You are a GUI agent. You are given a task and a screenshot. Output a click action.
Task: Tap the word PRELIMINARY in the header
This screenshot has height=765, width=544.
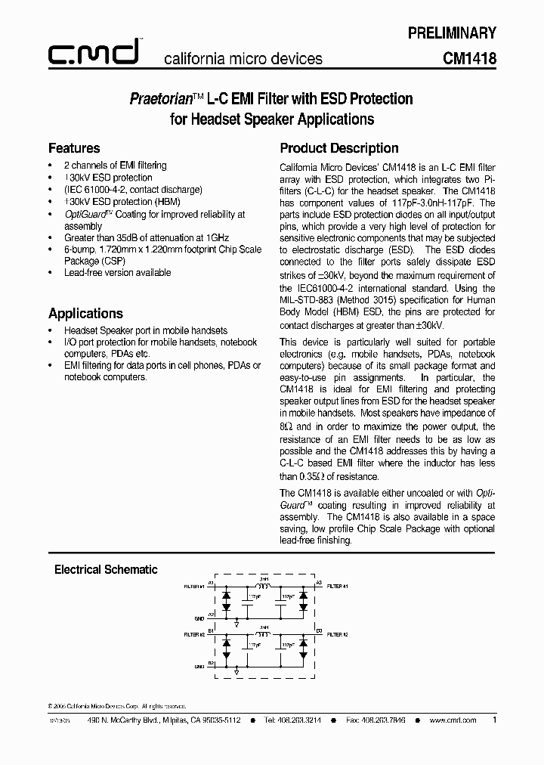tap(452, 33)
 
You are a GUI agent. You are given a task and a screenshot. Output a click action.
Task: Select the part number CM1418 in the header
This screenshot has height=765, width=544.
tap(469, 58)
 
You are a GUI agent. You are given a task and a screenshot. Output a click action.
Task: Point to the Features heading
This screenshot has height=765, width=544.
tap(74, 148)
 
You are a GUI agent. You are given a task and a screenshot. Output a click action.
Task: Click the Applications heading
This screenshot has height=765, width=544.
tap(85, 313)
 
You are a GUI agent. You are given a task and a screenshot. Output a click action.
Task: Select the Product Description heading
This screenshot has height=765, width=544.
tap(339, 148)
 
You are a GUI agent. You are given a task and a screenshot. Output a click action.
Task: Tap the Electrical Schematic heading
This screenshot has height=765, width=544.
tap(106, 569)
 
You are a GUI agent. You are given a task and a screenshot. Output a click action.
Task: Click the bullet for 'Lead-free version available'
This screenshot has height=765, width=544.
tap(51, 273)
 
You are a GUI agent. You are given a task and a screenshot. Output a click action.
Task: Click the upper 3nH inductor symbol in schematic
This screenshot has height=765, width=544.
tap(264, 586)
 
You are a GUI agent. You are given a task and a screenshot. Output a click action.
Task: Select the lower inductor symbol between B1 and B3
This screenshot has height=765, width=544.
tap(264, 633)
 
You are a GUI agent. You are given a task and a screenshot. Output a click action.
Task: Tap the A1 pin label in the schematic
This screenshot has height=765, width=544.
tap(211, 584)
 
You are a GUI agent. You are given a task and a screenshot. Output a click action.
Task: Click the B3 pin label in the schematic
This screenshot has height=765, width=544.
tap(319, 630)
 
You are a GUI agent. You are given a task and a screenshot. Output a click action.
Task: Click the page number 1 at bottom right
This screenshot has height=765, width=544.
tap(494, 720)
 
